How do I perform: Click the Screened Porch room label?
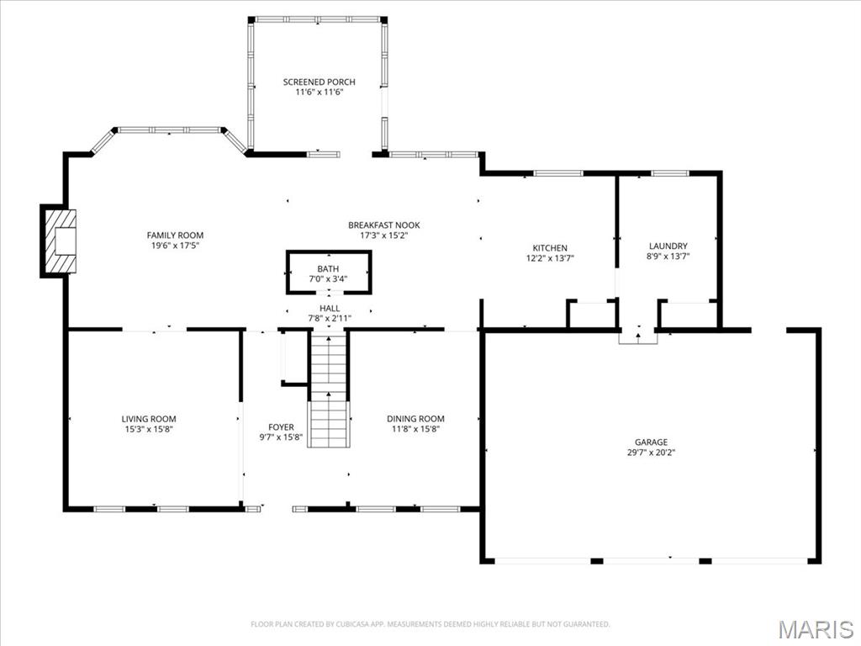tap(319, 82)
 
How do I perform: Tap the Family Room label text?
tap(175, 236)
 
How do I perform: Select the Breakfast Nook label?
tap(383, 225)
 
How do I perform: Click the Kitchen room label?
tap(550, 248)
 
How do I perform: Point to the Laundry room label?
tap(668, 246)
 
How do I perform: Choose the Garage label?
tap(651, 442)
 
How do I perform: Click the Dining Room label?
tap(415, 419)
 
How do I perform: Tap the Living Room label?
tap(149, 419)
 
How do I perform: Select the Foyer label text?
tap(281, 427)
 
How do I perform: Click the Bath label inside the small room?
tap(328, 268)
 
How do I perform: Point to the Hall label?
tap(330, 309)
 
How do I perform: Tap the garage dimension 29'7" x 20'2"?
tap(651, 453)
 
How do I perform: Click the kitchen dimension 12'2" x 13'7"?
tap(550, 258)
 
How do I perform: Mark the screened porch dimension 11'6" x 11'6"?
tap(319, 92)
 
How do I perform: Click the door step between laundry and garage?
tap(637, 337)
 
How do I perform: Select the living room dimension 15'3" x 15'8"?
tap(149, 429)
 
